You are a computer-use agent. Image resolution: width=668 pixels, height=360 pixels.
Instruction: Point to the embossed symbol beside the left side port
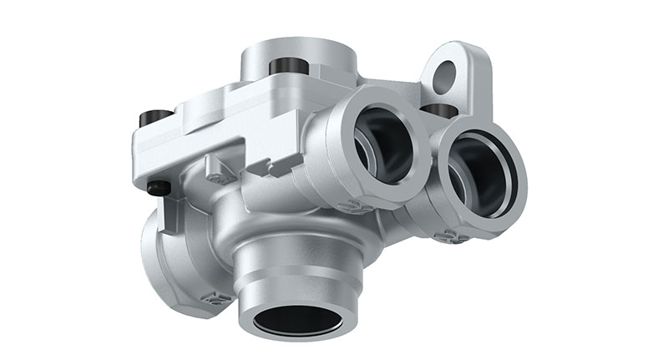216,297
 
